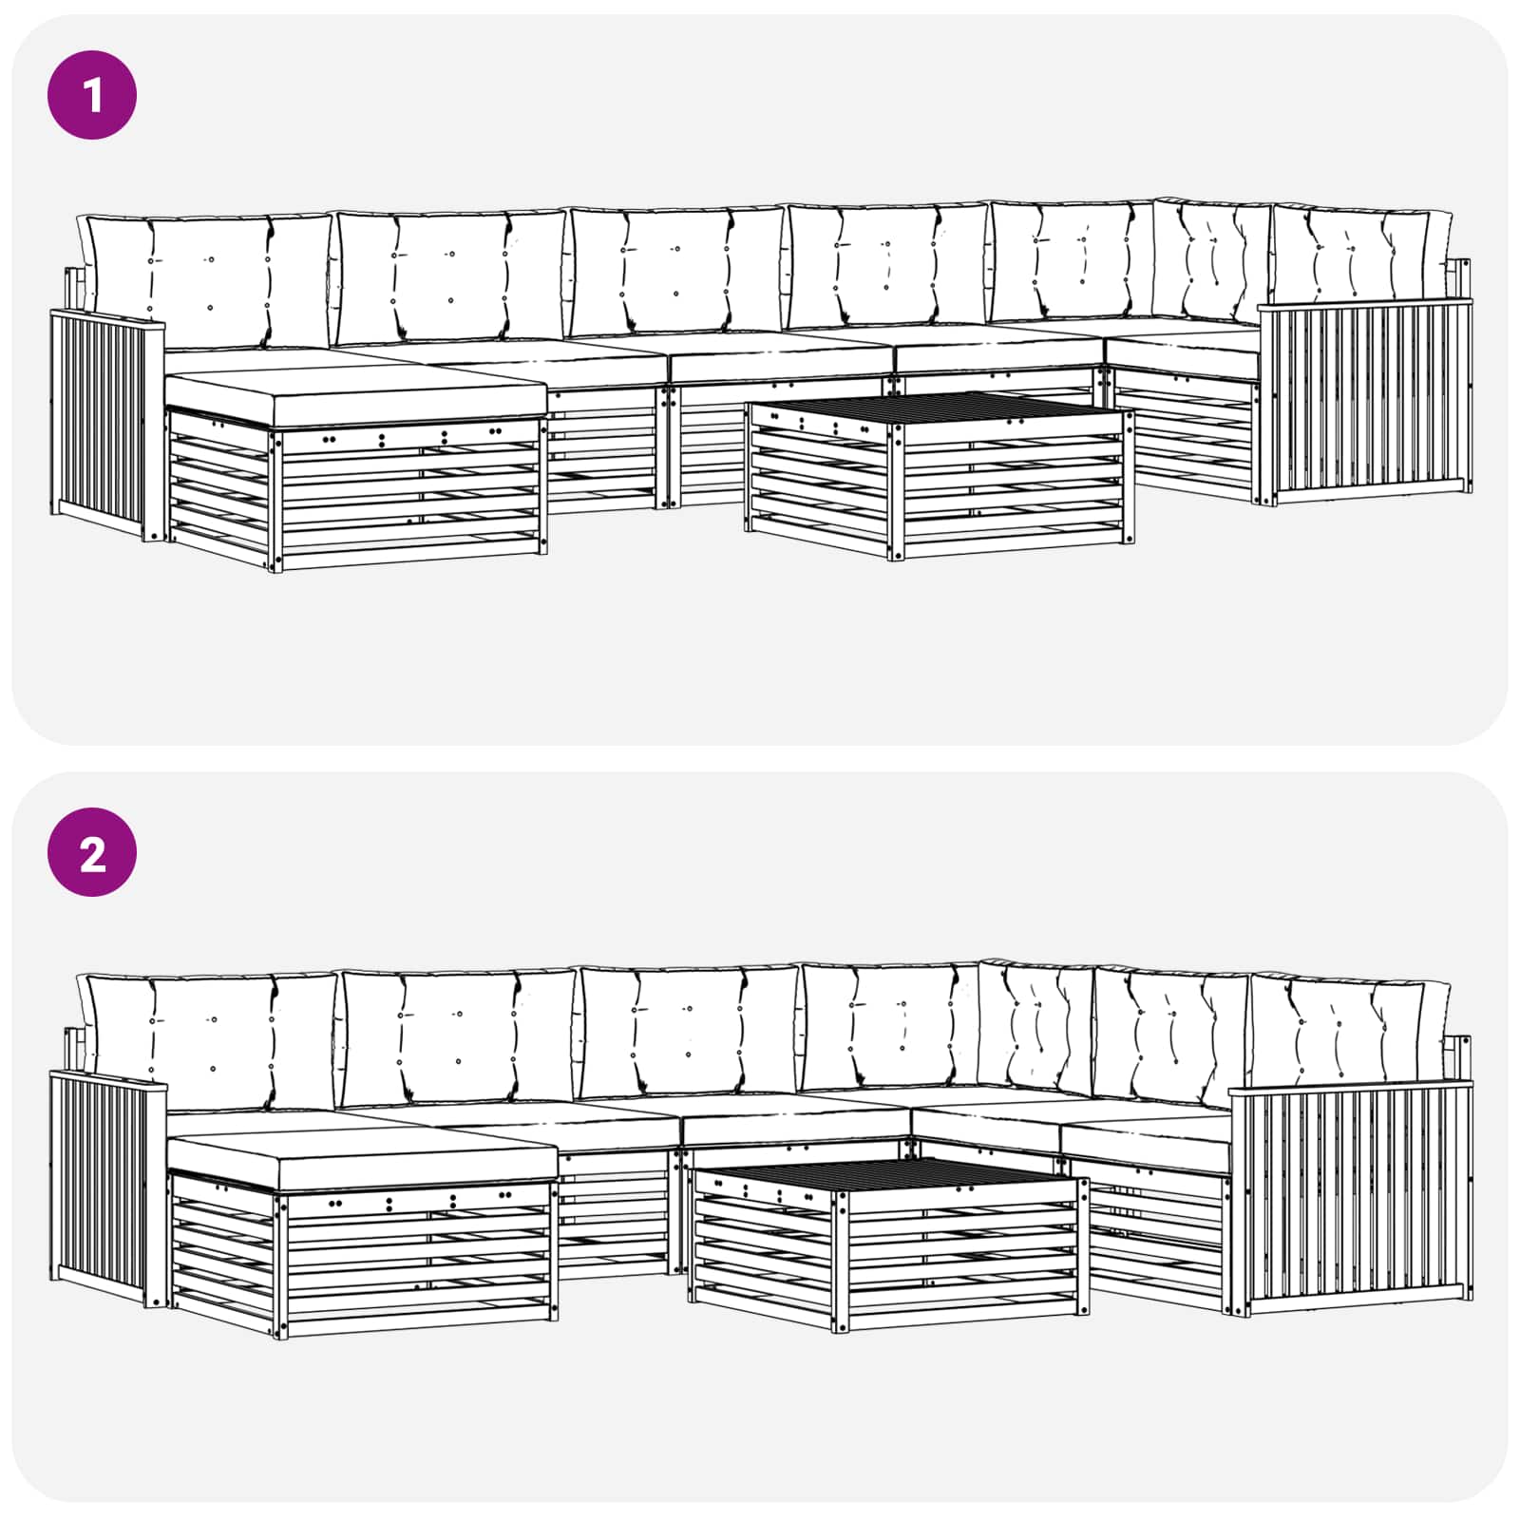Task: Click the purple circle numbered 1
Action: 92,95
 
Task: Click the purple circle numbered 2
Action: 92,852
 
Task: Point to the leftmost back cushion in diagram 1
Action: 209,277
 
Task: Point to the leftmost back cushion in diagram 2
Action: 211,1037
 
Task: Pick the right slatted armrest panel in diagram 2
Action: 1354,1199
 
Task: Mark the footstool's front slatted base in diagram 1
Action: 408,499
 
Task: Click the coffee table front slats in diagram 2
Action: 959,1259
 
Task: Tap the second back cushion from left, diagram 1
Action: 451,277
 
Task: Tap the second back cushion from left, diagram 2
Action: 458,1037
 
